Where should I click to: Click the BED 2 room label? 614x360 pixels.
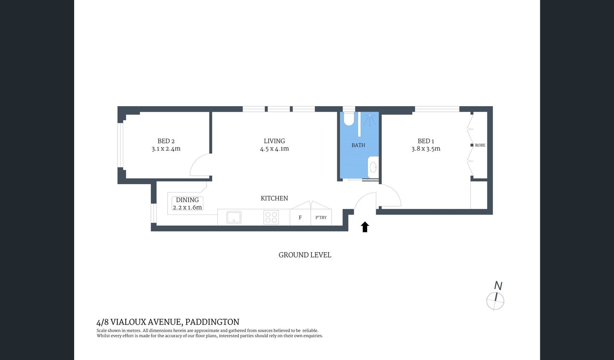click(x=166, y=141)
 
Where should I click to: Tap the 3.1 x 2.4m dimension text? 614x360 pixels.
click(x=166, y=149)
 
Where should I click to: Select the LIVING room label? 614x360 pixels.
click(x=274, y=141)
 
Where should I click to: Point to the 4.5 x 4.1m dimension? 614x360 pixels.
click(x=274, y=149)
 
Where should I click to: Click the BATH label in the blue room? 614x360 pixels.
click(x=358, y=145)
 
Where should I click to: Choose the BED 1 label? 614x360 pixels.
click(x=426, y=141)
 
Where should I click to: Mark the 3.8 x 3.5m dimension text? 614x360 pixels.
click(x=426, y=149)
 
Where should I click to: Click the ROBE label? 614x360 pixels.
click(x=480, y=145)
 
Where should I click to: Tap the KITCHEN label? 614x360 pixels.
click(x=274, y=198)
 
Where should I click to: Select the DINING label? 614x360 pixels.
click(x=187, y=200)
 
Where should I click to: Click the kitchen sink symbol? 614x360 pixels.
click(x=234, y=217)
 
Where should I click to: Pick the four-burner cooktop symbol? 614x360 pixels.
click(x=271, y=217)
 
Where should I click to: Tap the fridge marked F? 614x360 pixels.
click(x=300, y=218)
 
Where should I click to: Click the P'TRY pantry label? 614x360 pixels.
click(x=321, y=218)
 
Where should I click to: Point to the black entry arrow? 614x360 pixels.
click(x=365, y=227)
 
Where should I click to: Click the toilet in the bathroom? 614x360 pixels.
click(x=349, y=119)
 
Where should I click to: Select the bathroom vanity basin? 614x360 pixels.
click(x=373, y=166)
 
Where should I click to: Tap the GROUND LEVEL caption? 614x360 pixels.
click(x=305, y=255)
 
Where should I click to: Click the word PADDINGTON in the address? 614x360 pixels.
click(x=213, y=322)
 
